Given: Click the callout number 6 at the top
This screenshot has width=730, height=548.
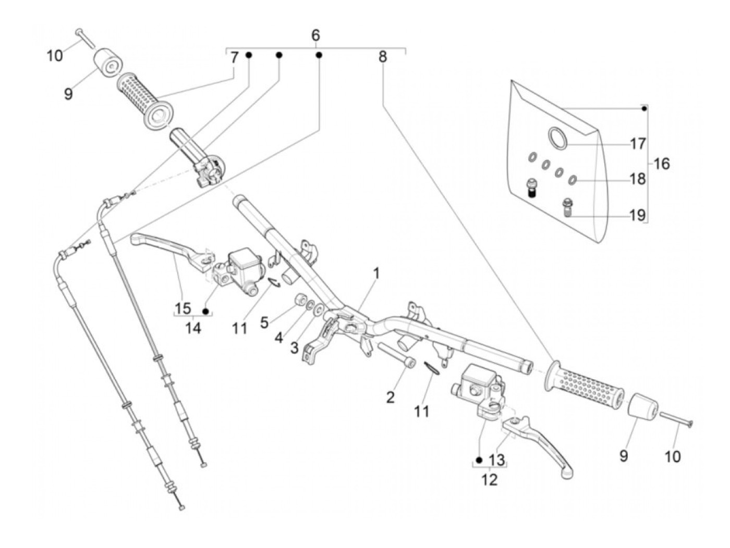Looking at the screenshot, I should (x=315, y=35).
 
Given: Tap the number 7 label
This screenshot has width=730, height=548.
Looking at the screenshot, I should (x=234, y=57).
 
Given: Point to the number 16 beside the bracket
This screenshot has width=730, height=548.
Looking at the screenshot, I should (x=661, y=164).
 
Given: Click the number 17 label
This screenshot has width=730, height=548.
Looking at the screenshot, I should (x=638, y=143).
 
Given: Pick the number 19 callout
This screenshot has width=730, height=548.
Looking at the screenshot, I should (x=638, y=215).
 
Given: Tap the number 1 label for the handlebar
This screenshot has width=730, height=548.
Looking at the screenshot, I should (x=376, y=273).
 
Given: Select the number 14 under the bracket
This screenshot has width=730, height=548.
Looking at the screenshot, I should (x=193, y=328).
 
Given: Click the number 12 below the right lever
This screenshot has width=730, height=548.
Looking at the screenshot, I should (x=490, y=479).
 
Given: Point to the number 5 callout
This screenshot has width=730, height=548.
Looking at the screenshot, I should (x=265, y=322).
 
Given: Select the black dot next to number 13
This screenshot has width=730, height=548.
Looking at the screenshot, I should (x=479, y=460).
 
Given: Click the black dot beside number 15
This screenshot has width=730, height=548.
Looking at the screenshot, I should (x=206, y=311).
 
